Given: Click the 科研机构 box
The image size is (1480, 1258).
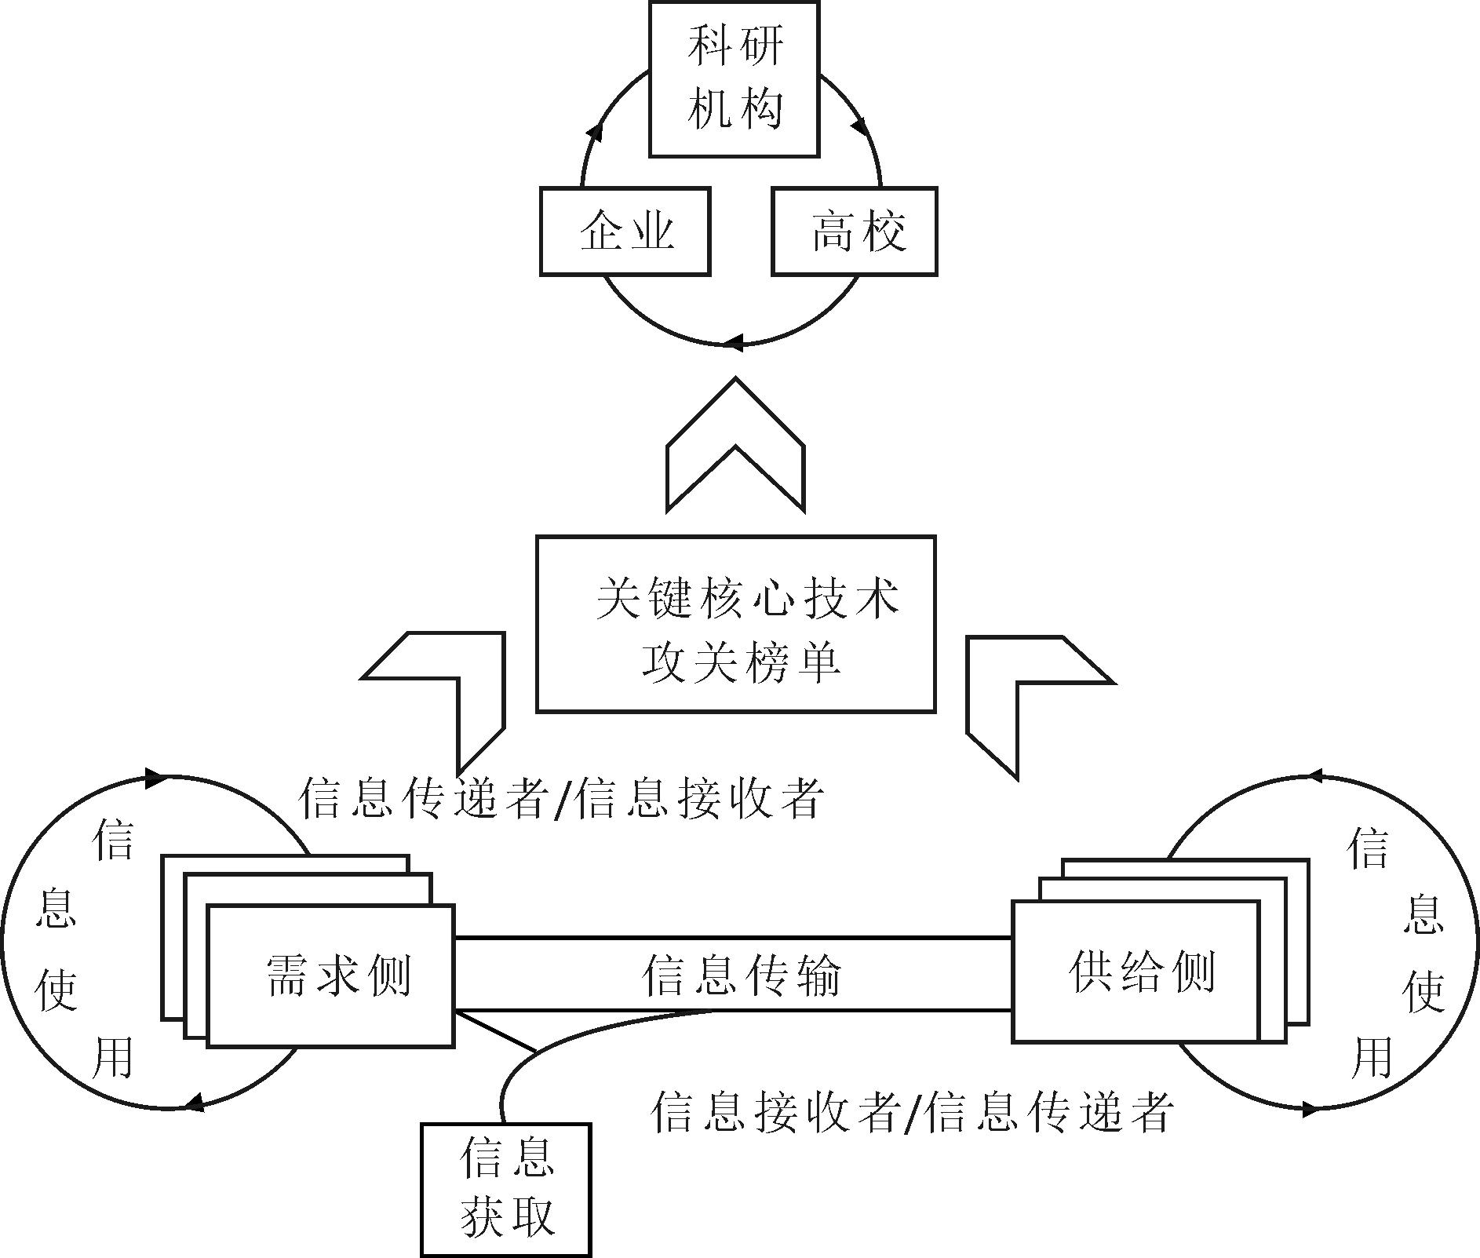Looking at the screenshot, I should click(x=734, y=78).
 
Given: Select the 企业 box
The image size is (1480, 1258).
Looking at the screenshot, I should click(x=625, y=232).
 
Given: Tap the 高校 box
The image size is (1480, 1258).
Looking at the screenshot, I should click(x=855, y=232).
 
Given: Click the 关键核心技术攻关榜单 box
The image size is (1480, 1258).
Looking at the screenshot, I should click(x=735, y=624).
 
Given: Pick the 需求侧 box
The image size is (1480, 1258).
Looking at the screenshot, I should click(x=330, y=975).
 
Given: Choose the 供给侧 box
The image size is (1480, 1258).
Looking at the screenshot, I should click(x=1136, y=972).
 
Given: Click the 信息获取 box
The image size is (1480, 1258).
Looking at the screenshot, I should click(x=505, y=1189).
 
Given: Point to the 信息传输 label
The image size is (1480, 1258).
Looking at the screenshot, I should click(x=740, y=975).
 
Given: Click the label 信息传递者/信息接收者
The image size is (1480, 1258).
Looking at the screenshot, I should click(x=560, y=799).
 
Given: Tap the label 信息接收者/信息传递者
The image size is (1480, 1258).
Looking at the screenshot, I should click(x=912, y=1111).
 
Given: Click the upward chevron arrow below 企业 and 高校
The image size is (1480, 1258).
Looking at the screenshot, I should click(x=735, y=445).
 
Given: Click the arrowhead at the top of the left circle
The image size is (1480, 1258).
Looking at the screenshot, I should click(x=155, y=779).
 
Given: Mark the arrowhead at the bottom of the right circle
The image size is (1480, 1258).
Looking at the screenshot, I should click(x=1309, y=1109).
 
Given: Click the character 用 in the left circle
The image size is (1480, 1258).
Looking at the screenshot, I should click(x=114, y=1058).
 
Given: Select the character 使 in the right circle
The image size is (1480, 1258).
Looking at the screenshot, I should click(x=1423, y=991).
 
